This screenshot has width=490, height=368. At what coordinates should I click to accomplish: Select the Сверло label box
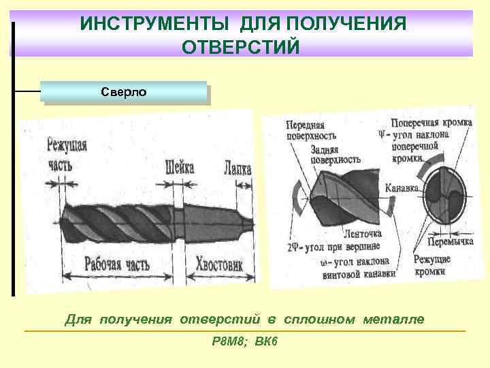click(123, 91)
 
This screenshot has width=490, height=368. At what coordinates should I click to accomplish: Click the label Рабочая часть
click(116, 265)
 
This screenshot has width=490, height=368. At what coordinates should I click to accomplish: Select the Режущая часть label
click(67, 153)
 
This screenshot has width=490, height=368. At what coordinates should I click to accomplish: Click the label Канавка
click(404, 188)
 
